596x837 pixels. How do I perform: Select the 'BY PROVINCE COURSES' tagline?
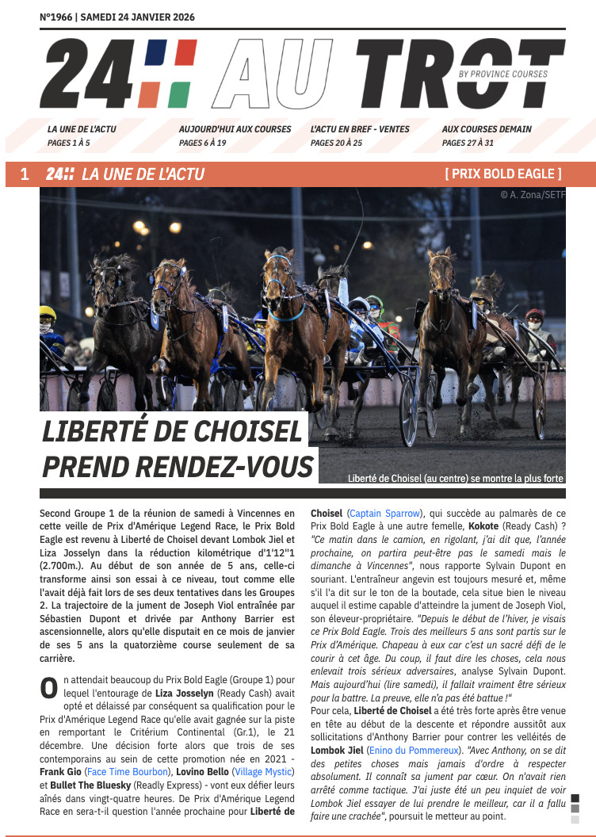point(502,75)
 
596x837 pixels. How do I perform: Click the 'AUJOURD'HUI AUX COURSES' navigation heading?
point(235,129)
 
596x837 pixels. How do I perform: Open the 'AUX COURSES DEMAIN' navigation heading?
point(487,129)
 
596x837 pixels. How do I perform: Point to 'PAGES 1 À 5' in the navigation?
point(69,143)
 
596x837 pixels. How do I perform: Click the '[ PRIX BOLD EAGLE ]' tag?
point(503,174)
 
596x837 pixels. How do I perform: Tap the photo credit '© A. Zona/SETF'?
point(532,194)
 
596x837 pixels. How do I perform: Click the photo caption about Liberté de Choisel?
point(456,479)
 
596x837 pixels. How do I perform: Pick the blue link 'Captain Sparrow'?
point(384,514)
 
